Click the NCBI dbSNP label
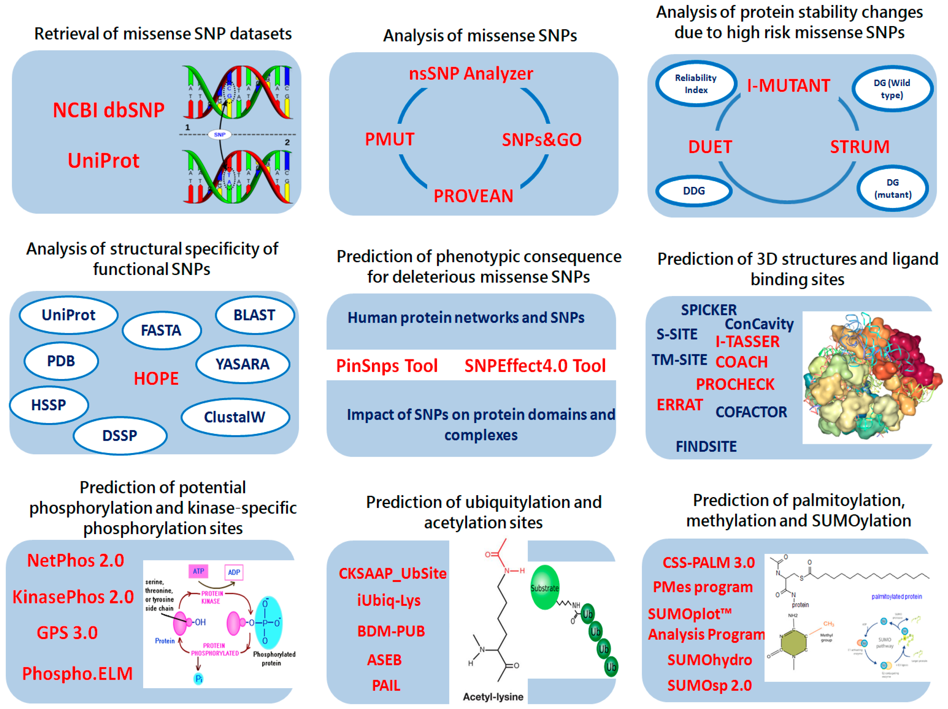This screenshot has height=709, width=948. (108, 110)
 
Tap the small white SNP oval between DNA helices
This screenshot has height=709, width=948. (219, 135)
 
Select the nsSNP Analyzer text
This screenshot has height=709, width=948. (470, 74)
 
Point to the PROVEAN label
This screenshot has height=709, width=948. (473, 196)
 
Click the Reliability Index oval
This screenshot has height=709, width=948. (696, 84)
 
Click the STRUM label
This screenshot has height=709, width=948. (859, 147)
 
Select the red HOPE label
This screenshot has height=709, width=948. (156, 378)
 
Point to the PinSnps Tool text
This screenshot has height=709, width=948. (387, 366)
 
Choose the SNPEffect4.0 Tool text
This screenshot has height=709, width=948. (535, 366)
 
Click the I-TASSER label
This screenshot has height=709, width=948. (747, 342)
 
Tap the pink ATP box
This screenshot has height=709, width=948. (198, 571)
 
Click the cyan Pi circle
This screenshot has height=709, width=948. (198, 679)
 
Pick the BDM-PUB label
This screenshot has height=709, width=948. (391, 631)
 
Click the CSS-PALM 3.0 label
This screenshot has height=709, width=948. (708, 563)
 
